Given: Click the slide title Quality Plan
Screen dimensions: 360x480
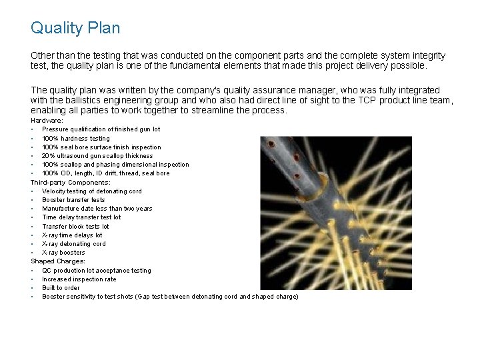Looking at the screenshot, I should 75,28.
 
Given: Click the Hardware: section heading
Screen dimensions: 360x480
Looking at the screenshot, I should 47,120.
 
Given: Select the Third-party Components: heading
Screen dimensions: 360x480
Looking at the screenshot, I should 71,182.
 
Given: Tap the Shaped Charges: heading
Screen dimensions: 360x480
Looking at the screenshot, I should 58,261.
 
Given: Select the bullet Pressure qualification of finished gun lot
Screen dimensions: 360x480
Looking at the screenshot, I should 101,129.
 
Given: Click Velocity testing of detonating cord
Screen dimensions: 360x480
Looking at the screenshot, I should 91,191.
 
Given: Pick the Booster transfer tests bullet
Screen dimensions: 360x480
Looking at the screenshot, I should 73,199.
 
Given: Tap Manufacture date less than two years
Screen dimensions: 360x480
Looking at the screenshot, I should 97,208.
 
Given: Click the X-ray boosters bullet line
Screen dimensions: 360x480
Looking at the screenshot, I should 63,252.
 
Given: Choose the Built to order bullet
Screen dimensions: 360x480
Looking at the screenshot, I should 61,287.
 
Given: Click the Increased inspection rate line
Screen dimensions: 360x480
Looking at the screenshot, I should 79,279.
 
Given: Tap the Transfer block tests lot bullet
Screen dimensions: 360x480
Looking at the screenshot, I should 75,226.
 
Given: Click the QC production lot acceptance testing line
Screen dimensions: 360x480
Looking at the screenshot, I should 96,270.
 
